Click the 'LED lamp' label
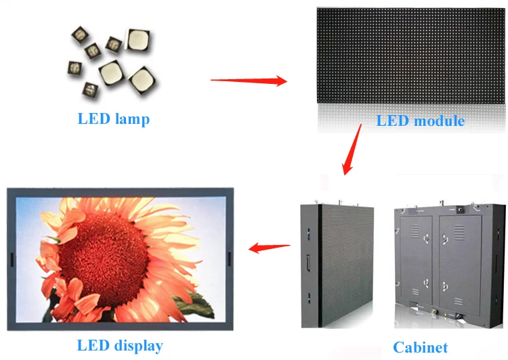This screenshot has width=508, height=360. [113, 119]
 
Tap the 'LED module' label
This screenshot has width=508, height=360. [420, 121]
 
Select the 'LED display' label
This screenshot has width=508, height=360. [119, 346]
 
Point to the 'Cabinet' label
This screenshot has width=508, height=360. [420, 348]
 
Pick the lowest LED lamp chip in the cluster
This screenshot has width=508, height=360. [89, 89]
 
